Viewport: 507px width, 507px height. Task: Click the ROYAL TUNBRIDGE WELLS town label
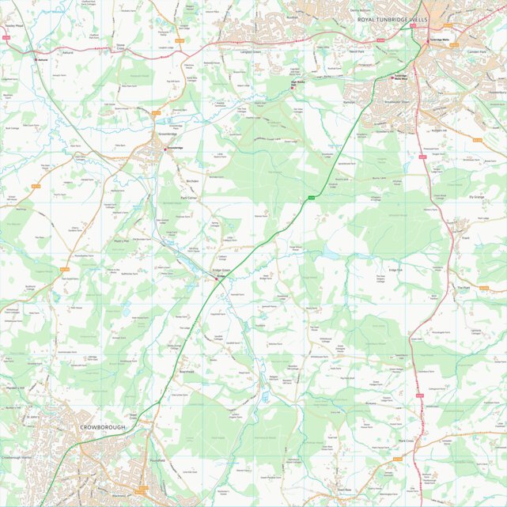(392, 18)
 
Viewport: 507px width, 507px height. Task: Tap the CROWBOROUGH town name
(103, 428)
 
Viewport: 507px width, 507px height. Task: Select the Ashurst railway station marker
(34, 58)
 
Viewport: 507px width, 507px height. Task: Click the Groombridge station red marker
(165, 148)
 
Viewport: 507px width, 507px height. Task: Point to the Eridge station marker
(217, 278)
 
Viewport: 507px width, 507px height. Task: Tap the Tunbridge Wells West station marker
(399, 78)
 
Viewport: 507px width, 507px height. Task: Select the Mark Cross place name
(407, 440)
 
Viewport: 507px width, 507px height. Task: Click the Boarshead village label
(187, 372)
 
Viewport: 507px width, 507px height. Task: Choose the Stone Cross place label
(121, 47)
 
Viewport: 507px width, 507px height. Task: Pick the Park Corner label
(188, 197)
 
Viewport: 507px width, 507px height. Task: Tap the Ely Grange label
(476, 196)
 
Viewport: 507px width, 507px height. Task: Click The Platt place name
(463, 288)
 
